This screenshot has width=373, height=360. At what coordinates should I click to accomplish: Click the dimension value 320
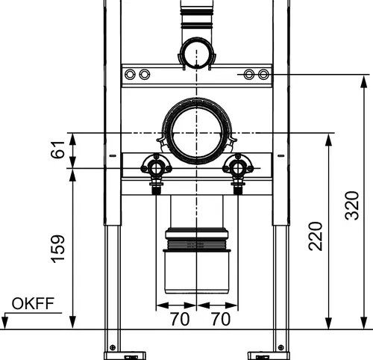click(x=352, y=205)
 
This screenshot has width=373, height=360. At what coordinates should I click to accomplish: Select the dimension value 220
click(x=316, y=236)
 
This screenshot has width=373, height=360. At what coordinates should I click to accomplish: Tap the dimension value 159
click(x=57, y=249)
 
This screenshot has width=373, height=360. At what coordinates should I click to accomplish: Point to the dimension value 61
click(x=57, y=149)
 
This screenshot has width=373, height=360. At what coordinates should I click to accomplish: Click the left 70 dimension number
click(x=180, y=319)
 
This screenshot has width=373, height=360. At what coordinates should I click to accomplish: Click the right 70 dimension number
click(x=221, y=319)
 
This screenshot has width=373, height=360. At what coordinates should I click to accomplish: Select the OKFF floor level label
click(x=33, y=303)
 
